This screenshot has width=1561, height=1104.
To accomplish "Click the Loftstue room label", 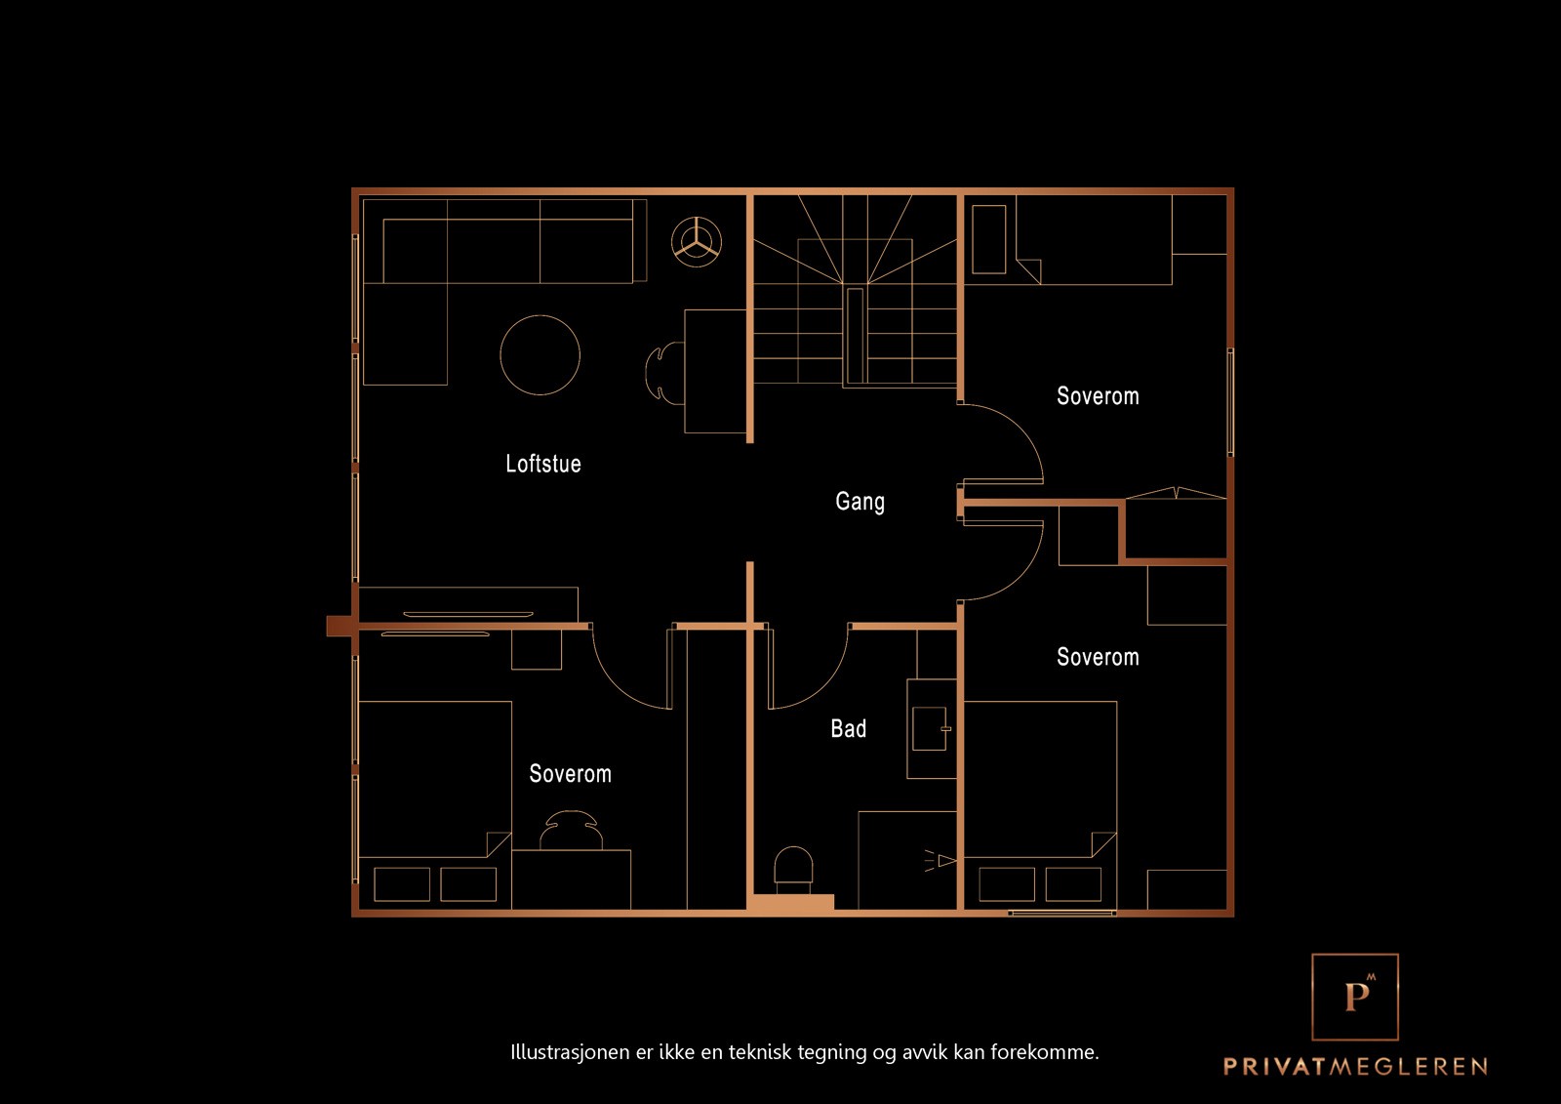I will click(542, 464).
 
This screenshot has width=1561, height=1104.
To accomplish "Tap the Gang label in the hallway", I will click(860, 502).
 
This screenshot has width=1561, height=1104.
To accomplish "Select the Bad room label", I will click(848, 729).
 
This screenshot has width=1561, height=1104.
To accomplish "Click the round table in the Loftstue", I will click(540, 355).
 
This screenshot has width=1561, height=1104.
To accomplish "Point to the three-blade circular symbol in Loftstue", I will click(697, 240).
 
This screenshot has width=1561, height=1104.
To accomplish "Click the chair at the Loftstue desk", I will click(663, 372).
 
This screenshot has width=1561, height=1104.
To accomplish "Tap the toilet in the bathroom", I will click(793, 868).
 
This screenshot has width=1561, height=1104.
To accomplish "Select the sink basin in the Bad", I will click(929, 728).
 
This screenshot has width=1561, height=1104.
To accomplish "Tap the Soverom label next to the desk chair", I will click(570, 774).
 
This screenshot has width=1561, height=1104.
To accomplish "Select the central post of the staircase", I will click(855, 335).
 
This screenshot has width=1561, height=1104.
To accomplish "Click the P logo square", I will click(1355, 997).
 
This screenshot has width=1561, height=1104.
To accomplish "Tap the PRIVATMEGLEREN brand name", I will click(1355, 1066).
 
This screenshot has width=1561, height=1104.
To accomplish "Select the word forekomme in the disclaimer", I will click(1044, 1052).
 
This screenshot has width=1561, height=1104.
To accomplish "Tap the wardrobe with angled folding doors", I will click(1176, 527).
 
